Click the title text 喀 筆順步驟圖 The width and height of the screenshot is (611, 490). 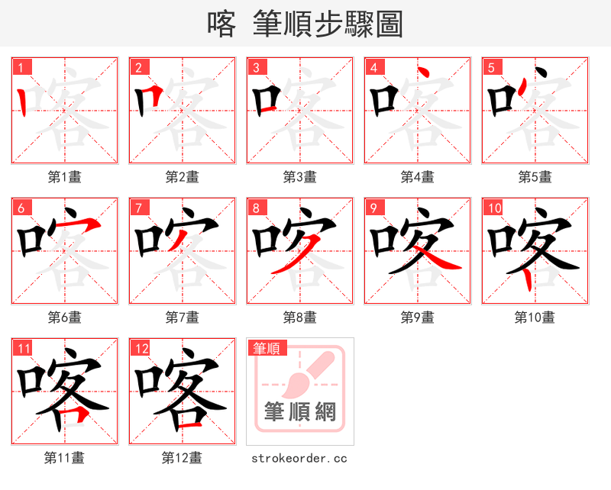tap(305, 24)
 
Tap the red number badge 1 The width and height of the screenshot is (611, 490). tap(21, 67)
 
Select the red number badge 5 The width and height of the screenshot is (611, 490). tap(491, 67)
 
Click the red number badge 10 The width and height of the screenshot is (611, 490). tap(493, 208)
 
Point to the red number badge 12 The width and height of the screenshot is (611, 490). tap(141, 349)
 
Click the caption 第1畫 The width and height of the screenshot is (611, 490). tap(64, 176)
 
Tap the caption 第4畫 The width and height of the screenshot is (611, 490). tap(417, 176)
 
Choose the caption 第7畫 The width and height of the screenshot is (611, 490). tap(182, 317)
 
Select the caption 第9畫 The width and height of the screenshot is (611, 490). tap(417, 317)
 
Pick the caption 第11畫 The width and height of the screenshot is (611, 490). tap(64, 458)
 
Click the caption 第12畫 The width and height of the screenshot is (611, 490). tap(182, 458)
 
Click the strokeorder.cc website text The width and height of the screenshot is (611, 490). tap(299, 458)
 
